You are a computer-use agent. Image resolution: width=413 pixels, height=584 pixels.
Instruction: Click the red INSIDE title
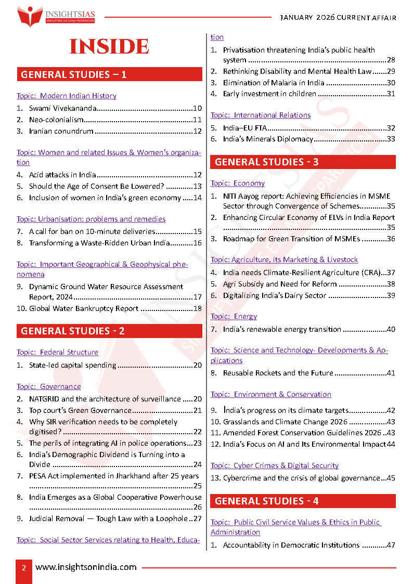pos(109,46)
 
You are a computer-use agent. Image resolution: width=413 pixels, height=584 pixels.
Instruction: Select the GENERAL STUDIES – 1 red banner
pos(109,74)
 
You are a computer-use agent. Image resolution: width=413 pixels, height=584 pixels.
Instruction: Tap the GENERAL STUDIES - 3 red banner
pos(303,162)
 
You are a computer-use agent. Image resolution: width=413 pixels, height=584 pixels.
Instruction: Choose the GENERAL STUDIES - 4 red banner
pos(303,501)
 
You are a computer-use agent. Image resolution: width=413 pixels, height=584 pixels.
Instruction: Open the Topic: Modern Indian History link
pos(66,96)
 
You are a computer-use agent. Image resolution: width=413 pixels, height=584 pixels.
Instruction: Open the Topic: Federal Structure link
pos(57,352)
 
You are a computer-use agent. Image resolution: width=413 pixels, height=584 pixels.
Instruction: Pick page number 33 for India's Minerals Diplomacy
pos(391,139)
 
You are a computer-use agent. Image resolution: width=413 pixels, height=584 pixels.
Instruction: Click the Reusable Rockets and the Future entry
pos(278,373)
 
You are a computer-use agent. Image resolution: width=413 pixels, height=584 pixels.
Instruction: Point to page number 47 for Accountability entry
pos(391,545)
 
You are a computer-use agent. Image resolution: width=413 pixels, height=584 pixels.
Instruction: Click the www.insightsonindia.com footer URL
pos(86,567)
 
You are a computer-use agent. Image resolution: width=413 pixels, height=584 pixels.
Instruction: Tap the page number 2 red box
pos(24,568)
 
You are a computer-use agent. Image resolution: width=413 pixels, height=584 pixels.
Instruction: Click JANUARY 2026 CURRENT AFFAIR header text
pos(338,18)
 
